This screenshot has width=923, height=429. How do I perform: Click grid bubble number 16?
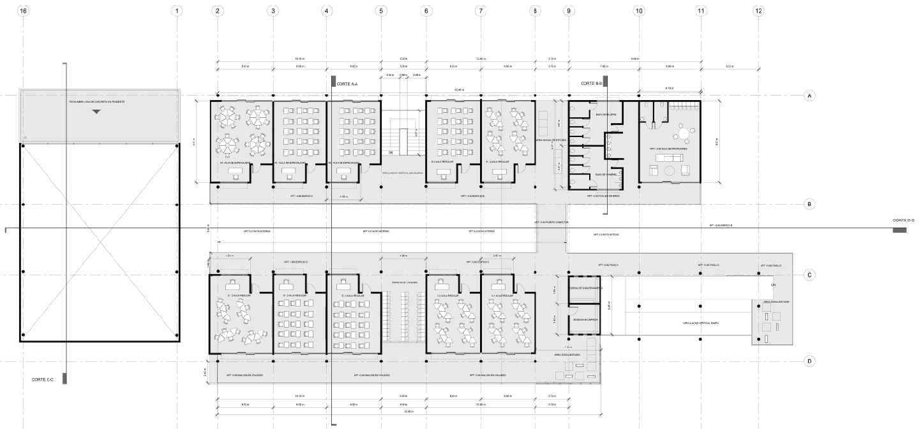coord(24,11)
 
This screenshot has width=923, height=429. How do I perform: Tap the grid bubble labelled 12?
coord(758,11)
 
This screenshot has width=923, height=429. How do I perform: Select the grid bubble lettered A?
coord(809,96)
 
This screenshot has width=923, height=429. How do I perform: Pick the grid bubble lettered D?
coord(809,361)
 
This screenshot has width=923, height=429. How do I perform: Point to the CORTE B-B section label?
coord(590,84)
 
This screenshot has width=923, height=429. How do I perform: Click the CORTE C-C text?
coord(42,379)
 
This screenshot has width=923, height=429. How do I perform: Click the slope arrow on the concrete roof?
coord(96,112)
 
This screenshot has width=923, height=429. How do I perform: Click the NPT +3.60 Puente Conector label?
coord(551,222)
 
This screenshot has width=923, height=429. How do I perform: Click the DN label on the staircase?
coord(390,153)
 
